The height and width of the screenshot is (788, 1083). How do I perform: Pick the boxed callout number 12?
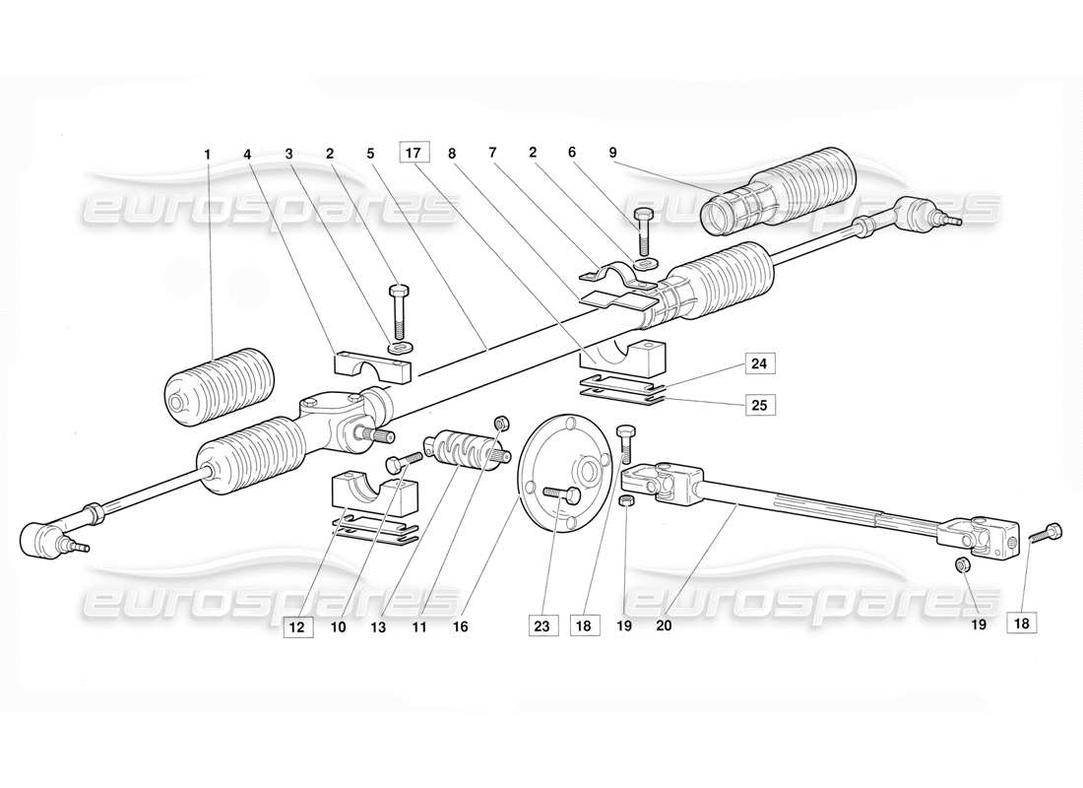[x=297, y=624]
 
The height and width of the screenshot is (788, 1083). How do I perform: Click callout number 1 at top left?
[x=208, y=154]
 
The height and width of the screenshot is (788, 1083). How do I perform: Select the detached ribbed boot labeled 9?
[x=778, y=193]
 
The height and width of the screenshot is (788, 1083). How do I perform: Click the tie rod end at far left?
[x=45, y=536]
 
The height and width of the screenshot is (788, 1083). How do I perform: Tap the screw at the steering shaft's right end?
[x=1046, y=533]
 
